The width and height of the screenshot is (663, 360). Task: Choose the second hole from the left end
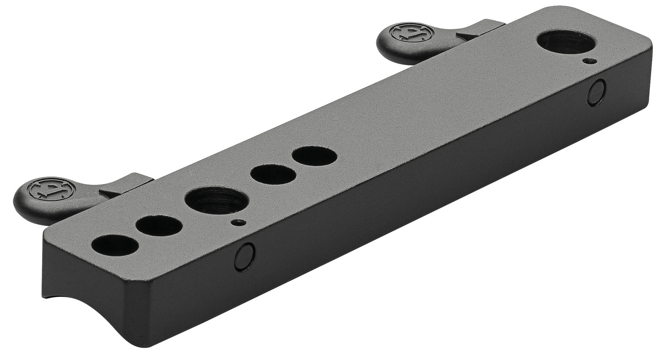pos(159,226)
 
